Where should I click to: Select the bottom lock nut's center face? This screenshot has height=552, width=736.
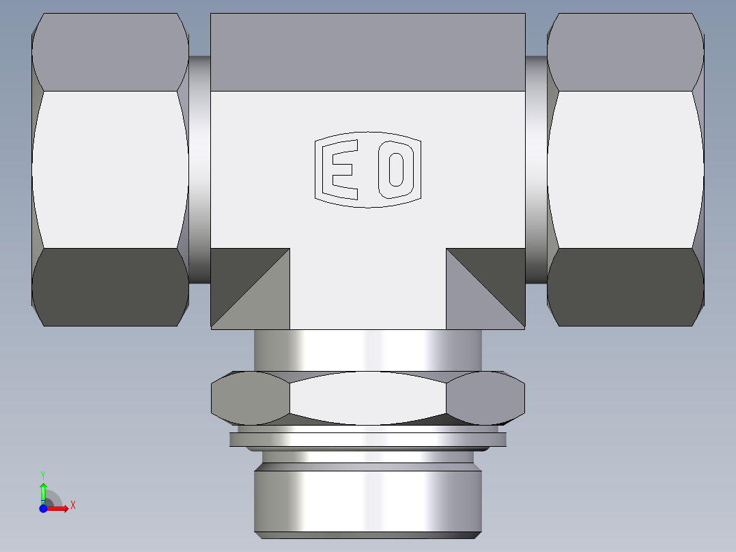368,398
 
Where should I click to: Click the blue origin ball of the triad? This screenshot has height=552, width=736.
43,508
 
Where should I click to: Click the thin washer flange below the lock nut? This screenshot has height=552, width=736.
368,439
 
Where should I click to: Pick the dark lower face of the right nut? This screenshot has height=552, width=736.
625,287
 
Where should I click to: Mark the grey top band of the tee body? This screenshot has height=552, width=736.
368,52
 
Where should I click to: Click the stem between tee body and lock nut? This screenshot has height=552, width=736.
368,350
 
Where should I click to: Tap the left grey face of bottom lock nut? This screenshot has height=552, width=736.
250,398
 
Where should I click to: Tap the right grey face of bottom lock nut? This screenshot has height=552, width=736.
486,398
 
